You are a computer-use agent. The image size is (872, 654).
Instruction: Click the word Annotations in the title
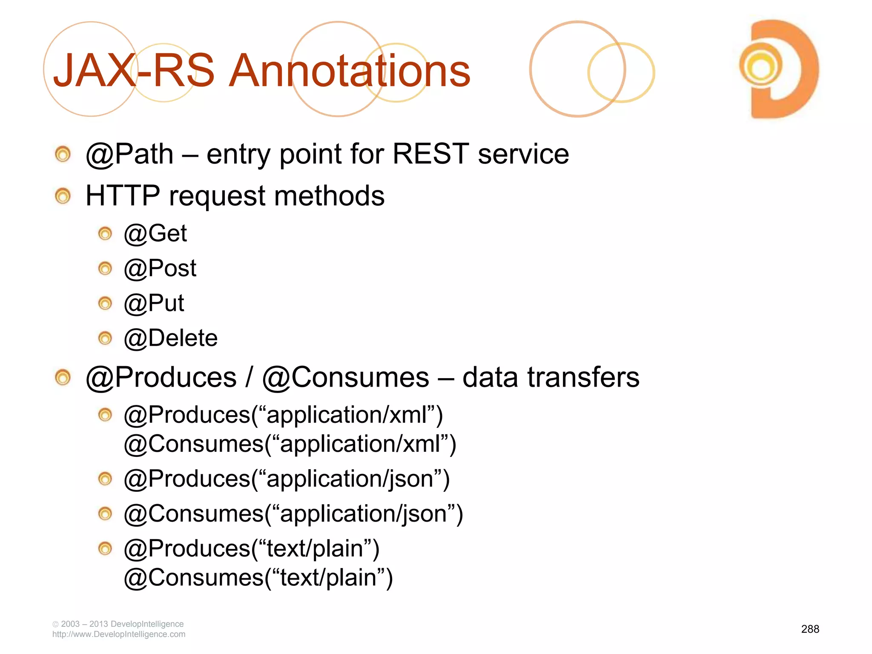(x=349, y=71)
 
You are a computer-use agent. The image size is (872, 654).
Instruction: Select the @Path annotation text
(x=130, y=154)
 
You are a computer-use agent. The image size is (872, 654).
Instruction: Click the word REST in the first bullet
(x=430, y=154)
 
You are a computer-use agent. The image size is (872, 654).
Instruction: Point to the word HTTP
(x=123, y=196)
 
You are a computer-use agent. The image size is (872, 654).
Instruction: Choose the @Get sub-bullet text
(x=155, y=234)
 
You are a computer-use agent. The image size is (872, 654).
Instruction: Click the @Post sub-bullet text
(x=160, y=269)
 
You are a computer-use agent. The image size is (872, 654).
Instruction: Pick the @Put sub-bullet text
(x=154, y=304)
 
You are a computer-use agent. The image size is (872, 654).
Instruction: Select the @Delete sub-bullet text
(x=171, y=338)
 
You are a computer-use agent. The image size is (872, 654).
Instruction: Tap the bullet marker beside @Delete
(x=105, y=338)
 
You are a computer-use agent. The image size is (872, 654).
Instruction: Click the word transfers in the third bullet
(x=583, y=378)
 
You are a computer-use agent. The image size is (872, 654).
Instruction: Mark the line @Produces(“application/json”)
(x=287, y=479)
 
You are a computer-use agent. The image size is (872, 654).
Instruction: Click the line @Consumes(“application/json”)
(x=293, y=514)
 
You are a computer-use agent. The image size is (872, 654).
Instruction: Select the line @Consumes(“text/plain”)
(x=258, y=578)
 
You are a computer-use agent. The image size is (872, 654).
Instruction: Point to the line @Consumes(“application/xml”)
(x=290, y=444)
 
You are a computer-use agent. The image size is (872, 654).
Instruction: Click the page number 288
(x=810, y=629)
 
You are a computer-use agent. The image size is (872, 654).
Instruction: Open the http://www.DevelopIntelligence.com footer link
(x=119, y=634)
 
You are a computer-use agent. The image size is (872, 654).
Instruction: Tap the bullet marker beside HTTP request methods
(x=63, y=196)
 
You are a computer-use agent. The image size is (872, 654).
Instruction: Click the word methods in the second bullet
(x=329, y=196)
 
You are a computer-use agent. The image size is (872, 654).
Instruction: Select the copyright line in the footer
(x=118, y=624)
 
